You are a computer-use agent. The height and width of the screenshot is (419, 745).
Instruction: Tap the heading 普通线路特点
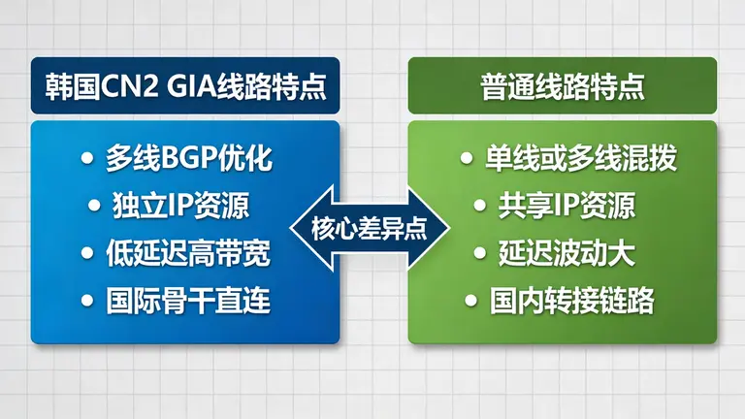tap(563, 84)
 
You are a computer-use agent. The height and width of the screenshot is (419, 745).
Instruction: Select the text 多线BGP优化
tap(189, 158)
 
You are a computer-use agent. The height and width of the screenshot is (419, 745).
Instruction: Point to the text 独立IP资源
tap(181, 206)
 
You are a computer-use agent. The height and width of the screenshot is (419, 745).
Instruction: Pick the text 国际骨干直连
tap(189, 301)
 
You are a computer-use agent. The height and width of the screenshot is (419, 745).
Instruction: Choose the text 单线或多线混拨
tap(567, 158)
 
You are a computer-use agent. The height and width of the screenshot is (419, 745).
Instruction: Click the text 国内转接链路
tap(572, 301)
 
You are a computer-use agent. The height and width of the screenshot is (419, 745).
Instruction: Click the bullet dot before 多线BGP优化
tap(88, 158)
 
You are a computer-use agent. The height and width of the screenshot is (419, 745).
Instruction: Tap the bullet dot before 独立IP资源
tap(94, 206)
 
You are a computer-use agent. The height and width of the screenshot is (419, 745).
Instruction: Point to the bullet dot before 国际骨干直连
tap(88, 301)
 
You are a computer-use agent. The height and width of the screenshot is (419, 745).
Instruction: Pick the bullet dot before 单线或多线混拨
tap(468, 158)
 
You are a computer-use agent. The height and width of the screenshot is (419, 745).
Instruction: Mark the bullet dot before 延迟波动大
tap(479, 253)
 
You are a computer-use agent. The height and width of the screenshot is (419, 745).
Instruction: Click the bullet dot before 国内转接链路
tap(471, 301)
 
